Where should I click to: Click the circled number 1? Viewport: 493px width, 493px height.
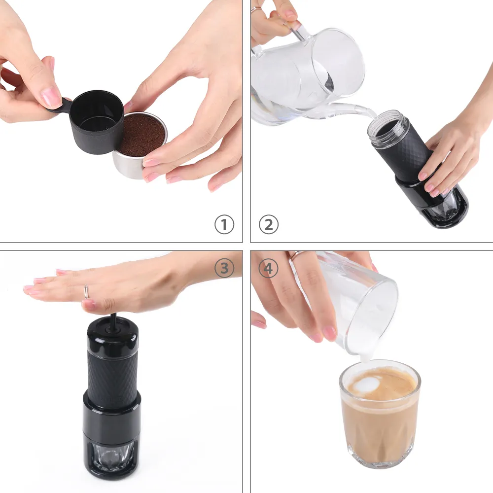pos(224,225)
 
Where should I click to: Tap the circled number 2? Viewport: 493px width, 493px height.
pos(268,225)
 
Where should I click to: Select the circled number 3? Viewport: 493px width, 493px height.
pos(224,268)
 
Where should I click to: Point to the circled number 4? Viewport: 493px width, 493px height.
pos(268,268)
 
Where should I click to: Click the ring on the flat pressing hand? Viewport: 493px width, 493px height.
pos(86,292)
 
